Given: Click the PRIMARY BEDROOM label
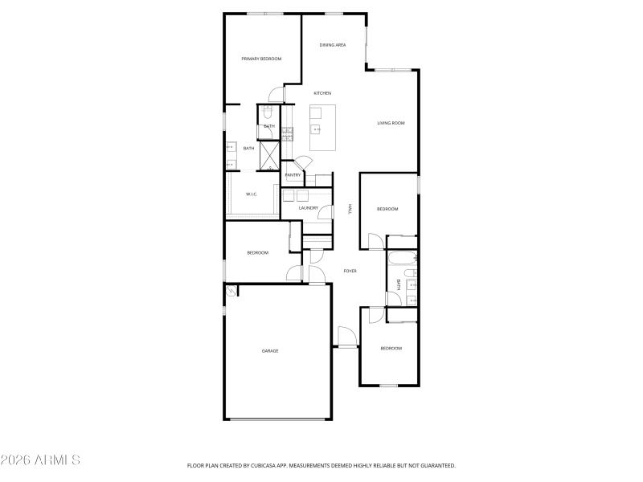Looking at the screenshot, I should [x=262, y=59].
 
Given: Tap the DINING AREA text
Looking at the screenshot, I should [x=333, y=45].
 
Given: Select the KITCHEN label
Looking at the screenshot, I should [x=322, y=93].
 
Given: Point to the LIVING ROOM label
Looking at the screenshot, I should [x=391, y=123].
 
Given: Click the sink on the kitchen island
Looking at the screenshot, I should [x=316, y=128].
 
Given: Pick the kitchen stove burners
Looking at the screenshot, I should [x=287, y=133].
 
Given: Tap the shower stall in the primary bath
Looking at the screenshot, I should [x=268, y=155].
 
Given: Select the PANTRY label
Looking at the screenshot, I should [x=293, y=174].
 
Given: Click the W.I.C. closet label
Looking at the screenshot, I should [x=251, y=194].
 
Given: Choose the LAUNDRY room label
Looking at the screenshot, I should [x=309, y=208].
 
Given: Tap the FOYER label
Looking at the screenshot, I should [x=350, y=271].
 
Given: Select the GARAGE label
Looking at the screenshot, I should [x=270, y=350].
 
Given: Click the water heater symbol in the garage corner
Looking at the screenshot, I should [x=231, y=291].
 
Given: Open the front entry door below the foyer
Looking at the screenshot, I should [x=346, y=337].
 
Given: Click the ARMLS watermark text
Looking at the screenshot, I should [x=40, y=460].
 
